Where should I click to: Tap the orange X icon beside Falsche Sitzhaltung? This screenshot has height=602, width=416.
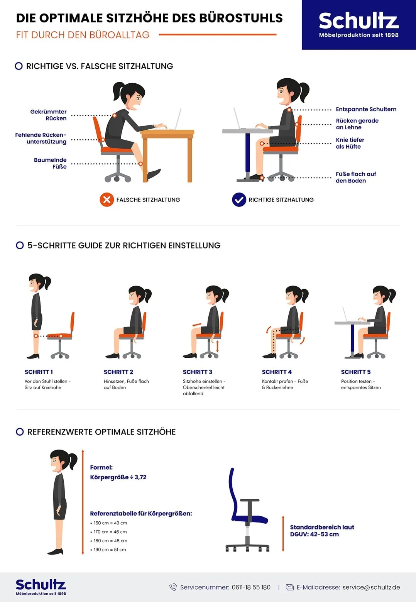tap(107, 200)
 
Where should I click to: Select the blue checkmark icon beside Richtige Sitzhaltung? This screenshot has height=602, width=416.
tap(239, 200)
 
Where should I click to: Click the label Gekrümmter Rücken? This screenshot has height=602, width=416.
tap(49, 115)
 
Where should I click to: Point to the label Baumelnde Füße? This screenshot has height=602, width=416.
tap(50, 163)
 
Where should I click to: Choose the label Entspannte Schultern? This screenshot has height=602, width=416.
tap(366, 109)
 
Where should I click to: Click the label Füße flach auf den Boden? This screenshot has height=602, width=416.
tap(355, 177)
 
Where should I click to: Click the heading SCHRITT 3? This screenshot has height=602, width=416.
tap(197, 372)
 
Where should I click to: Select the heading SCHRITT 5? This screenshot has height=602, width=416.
tap(355, 372)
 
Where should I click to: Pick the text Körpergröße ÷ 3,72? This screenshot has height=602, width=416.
tap(118, 477)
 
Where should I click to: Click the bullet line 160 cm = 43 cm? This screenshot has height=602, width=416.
tap(110, 523)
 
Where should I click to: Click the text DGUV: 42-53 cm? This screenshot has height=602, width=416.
tap(314, 534)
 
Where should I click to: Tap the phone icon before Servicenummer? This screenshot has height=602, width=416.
tap(173, 587)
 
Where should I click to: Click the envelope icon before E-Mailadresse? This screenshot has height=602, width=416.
tap(289, 587)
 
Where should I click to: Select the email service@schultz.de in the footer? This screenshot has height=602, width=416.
tap(371, 587)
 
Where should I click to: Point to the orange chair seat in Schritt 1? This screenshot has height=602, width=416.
tap(60, 336)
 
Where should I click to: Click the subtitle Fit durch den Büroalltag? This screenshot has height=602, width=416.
tap(83, 35)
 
